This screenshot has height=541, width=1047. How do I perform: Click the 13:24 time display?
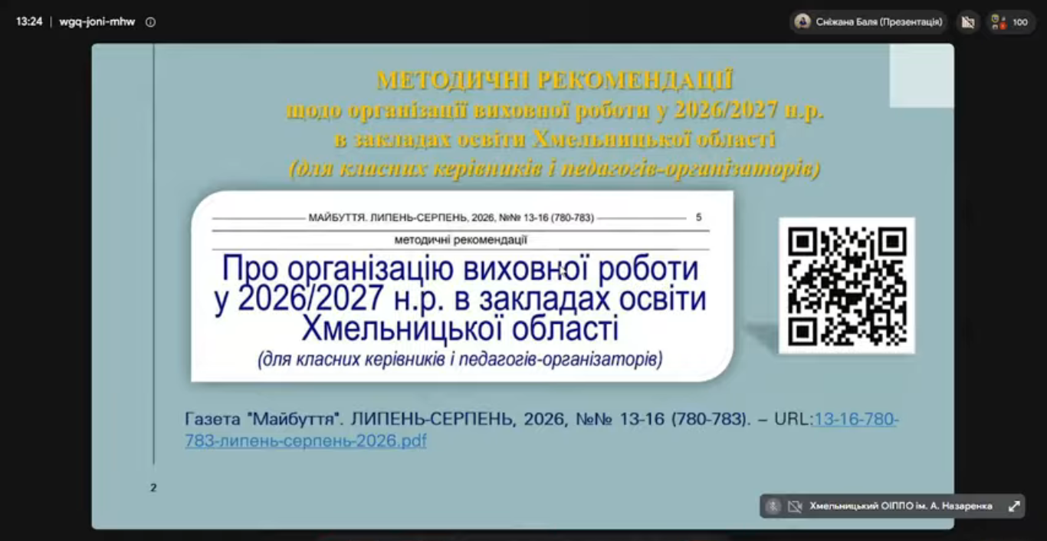(x=29, y=21)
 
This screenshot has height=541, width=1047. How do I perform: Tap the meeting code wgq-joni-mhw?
(x=97, y=21)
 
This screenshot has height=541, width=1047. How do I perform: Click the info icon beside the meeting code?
(x=150, y=22)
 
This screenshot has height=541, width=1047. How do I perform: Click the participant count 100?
(x=1020, y=22)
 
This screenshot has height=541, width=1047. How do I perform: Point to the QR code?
(x=847, y=285)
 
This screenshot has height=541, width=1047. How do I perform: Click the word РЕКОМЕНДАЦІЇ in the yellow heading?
(x=635, y=80)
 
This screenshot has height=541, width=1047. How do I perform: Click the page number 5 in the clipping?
(x=698, y=217)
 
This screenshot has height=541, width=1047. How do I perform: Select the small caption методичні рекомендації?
(x=461, y=239)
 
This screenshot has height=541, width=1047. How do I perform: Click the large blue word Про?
(x=250, y=269)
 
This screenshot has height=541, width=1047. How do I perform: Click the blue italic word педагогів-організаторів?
(x=561, y=359)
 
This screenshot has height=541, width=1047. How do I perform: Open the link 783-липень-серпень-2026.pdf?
(x=306, y=440)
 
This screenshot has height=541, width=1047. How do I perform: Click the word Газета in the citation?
(x=212, y=418)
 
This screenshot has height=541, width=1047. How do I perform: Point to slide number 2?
(x=153, y=487)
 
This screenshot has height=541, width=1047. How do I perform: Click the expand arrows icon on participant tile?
(x=1014, y=506)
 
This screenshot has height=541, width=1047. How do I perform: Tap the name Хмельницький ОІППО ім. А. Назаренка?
(x=901, y=506)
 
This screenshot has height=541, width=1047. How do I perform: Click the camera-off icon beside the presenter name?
(x=968, y=22)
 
